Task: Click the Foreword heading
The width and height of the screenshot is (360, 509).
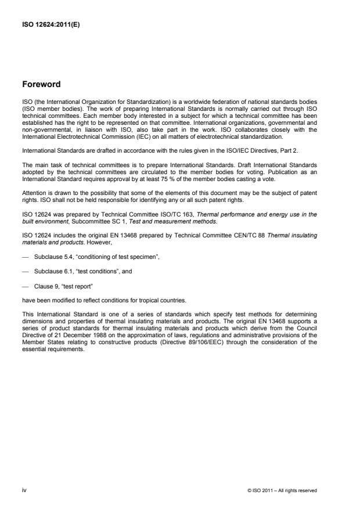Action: tap(42, 84)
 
